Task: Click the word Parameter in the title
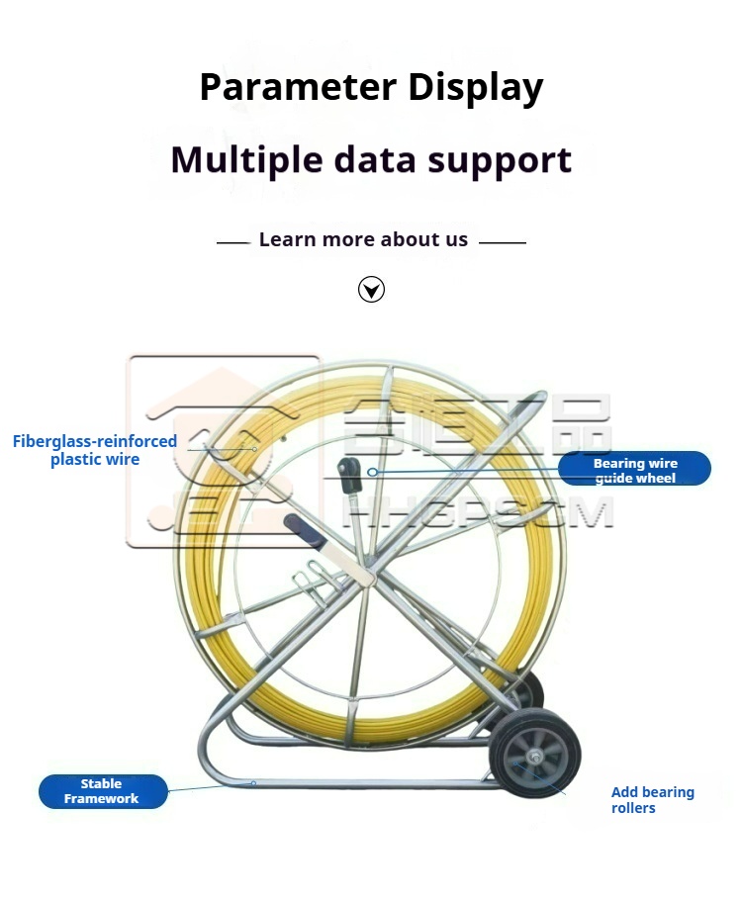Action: click(298, 87)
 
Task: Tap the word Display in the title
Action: click(476, 88)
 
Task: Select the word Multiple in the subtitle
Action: click(246, 159)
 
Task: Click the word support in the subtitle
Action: click(500, 160)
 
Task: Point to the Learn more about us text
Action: click(363, 238)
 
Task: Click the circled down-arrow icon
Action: click(371, 289)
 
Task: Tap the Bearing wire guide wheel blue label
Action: click(634, 469)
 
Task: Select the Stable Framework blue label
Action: click(103, 791)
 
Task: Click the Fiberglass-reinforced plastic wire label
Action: click(95, 450)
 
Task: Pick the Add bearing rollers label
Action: click(652, 799)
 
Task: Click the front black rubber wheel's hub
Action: click(535, 757)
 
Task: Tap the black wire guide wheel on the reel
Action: click(349, 474)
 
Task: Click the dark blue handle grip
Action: click(305, 529)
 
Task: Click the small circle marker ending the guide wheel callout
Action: click(372, 472)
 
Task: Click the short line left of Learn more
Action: click(233, 242)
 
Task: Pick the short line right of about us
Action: click(503, 242)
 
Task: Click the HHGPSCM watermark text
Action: click(479, 512)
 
